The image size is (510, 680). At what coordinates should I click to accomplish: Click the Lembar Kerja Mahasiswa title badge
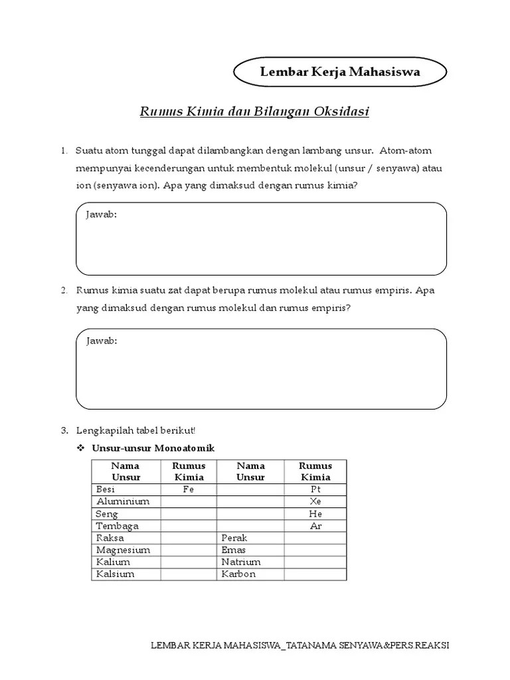340,73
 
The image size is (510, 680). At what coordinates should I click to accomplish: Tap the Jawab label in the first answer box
102,214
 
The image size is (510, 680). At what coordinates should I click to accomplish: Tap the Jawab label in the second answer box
102,341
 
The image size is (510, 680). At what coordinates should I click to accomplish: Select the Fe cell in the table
189,489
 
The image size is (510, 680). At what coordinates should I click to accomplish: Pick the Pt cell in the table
315,489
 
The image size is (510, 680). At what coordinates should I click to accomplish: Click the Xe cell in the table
315,501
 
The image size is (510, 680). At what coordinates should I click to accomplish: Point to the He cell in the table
315,514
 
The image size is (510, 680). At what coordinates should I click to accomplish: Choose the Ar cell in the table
315,526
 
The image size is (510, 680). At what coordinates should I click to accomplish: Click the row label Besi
106,489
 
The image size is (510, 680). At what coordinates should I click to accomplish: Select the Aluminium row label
122,501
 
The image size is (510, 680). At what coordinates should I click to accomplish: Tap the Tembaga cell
117,526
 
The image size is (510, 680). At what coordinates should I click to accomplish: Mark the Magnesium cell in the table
123,550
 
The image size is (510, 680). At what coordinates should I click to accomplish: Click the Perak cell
234,538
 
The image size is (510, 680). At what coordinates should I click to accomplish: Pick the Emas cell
234,550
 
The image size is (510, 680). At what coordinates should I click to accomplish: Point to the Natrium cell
241,562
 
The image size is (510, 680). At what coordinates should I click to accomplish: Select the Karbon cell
238,574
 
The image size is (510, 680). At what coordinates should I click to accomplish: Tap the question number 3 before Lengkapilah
64,430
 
